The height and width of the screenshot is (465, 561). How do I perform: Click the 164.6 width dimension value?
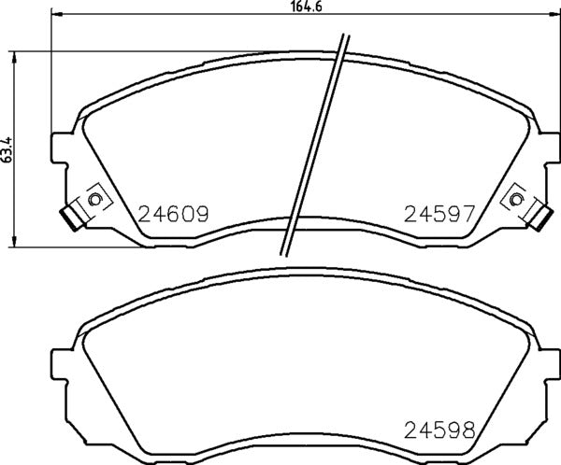tap(298, 7)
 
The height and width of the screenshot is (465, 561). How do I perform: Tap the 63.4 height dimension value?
tap(7, 149)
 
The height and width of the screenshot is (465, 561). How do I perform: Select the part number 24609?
tap(173, 214)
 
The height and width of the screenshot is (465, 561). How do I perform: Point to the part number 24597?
tap(440, 214)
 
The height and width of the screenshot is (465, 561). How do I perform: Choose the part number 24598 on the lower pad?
tap(440, 430)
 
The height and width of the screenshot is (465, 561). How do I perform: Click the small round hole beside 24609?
tap(93, 199)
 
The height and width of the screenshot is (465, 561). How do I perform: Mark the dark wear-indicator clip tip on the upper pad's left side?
tap(66, 218)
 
